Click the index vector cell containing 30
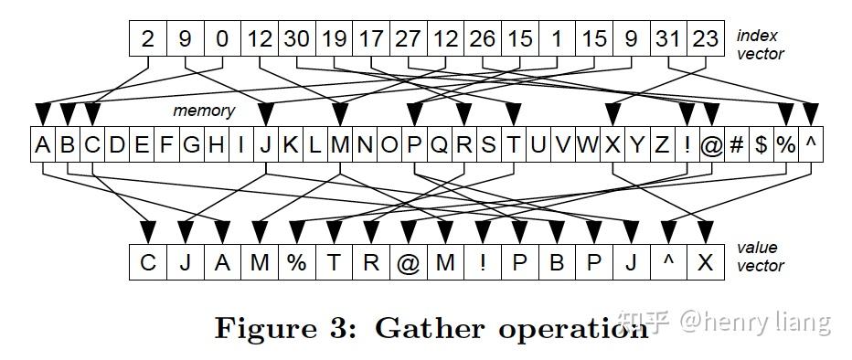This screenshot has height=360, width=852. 296,39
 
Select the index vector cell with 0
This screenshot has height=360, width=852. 222,39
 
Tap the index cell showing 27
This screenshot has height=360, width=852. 408,39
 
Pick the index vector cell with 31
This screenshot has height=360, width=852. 668,39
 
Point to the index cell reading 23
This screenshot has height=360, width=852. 706,39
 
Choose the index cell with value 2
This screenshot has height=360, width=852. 147,39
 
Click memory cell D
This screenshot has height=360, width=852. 116,144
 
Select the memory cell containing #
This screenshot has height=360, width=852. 736,144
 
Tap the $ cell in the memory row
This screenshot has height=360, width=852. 761,144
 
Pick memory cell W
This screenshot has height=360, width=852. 587,144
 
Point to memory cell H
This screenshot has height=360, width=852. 216,144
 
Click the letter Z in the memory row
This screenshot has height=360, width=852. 662,144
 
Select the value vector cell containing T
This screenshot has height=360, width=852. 334,262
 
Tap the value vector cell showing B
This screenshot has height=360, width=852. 556,262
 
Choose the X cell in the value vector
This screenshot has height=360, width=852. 705,262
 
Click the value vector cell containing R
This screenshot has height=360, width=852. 370,262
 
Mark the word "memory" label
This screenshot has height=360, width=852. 205,111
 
